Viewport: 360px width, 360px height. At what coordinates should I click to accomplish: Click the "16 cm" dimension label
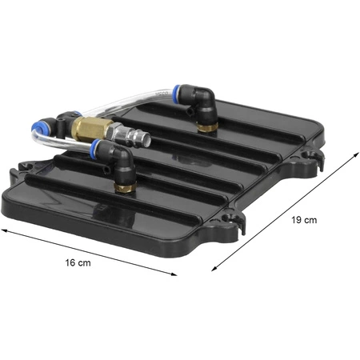tap(78, 262)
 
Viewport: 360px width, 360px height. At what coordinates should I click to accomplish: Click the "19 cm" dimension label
tap(304, 220)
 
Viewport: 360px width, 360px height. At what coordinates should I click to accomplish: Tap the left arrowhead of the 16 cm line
tap(6, 230)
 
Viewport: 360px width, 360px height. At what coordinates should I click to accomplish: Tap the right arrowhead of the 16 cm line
tap(173, 274)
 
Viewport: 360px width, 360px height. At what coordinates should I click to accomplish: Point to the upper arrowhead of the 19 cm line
tap(356, 155)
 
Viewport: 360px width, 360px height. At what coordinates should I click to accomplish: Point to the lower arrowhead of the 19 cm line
tap(214, 268)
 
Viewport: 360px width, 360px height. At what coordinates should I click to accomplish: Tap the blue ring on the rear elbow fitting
tap(176, 92)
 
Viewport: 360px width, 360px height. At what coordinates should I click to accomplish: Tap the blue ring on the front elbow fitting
tap(94, 150)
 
